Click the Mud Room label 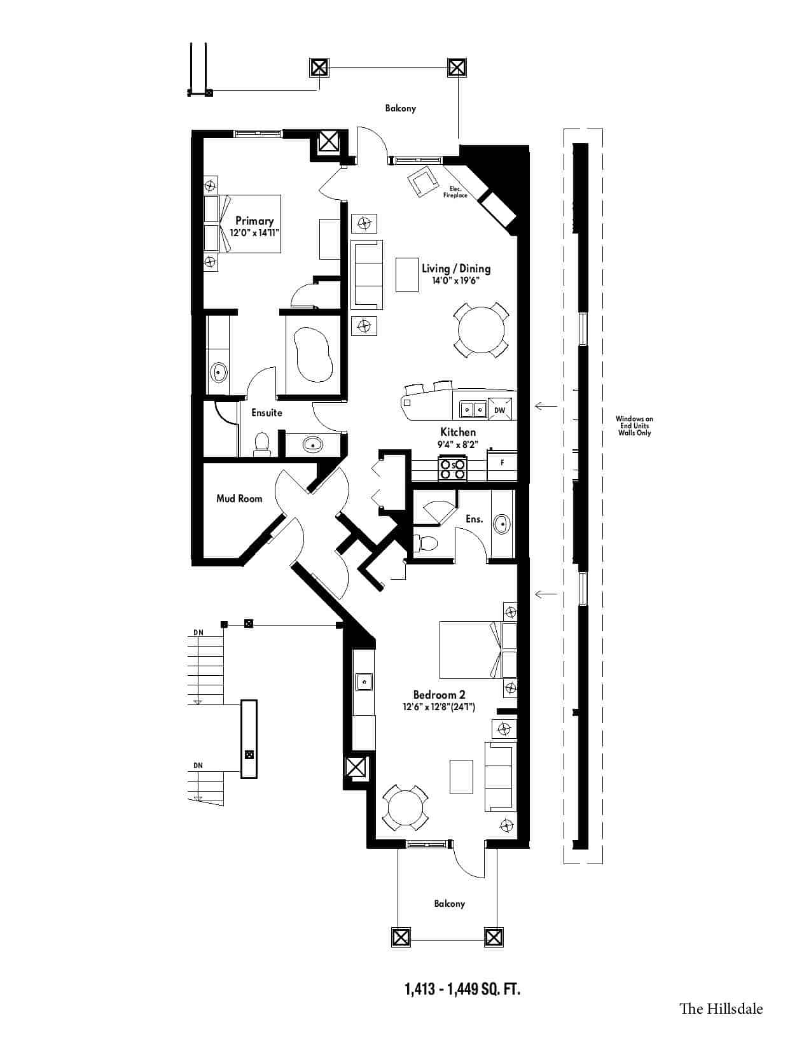click(x=239, y=498)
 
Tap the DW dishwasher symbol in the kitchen click(x=500, y=410)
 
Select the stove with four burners click(x=453, y=468)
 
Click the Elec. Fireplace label click(x=455, y=192)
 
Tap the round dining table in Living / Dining click(x=481, y=330)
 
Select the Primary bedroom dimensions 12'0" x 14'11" click(x=254, y=233)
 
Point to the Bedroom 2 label click(x=439, y=694)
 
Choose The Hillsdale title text click(x=721, y=1009)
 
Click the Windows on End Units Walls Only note click(x=634, y=426)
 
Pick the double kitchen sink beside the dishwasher click(x=473, y=410)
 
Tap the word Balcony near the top click(x=401, y=108)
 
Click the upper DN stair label click(x=198, y=632)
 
